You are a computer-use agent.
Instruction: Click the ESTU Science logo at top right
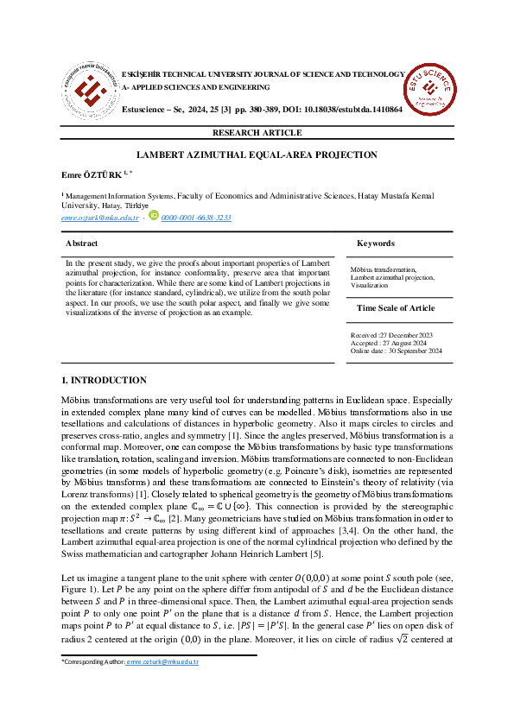[430, 88]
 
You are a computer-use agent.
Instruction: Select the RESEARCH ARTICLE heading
[257, 133]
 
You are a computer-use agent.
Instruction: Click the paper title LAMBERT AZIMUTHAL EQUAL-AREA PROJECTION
[257, 155]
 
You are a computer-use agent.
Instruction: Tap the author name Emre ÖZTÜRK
[91, 176]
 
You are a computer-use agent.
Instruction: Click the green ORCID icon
[154, 217]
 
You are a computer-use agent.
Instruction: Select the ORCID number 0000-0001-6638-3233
[196, 218]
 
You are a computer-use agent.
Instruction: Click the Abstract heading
[82, 244]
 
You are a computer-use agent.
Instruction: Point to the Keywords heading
[375, 244]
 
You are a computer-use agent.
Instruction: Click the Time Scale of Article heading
[397, 308]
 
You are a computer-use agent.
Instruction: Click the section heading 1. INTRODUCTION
[104, 381]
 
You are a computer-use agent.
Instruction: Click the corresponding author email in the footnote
[162, 662]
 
